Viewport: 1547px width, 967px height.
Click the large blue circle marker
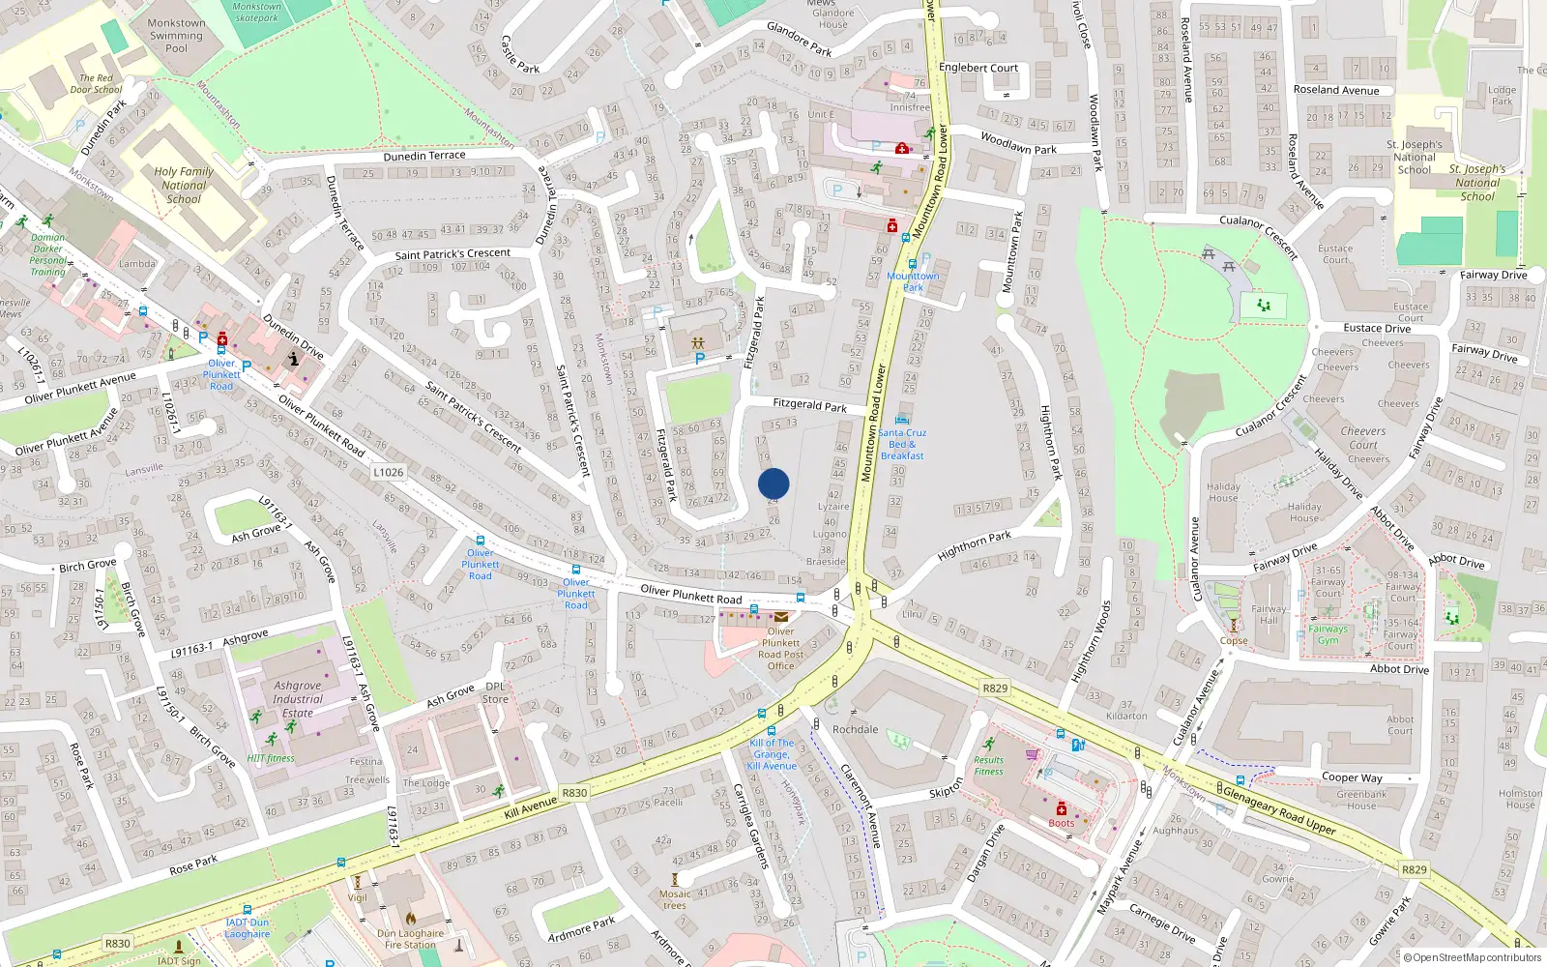point(773,483)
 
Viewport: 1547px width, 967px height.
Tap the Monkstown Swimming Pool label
point(176,36)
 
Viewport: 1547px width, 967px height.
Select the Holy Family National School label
point(184,185)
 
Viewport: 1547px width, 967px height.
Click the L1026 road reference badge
point(389,472)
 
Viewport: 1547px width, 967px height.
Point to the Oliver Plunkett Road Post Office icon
point(780,617)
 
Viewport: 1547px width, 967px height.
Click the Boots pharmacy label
point(1061,823)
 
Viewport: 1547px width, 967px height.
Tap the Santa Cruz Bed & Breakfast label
point(902,444)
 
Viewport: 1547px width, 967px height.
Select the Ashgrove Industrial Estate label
point(297,699)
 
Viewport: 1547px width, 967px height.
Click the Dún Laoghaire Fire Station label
point(410,939)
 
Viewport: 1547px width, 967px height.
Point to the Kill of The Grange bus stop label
point(772,754)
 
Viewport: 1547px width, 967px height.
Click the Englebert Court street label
point(978,68)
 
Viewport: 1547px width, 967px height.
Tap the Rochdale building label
point(856,729)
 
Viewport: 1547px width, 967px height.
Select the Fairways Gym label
point(1328,634)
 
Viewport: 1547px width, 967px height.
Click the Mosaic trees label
point(675,899)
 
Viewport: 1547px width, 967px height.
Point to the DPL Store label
point(495,692)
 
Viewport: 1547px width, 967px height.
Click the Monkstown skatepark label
point(256,13)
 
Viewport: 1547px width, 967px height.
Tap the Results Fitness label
point(988,766)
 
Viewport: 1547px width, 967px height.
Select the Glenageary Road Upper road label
point(1279,810)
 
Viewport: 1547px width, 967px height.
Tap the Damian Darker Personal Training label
point(47,254)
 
